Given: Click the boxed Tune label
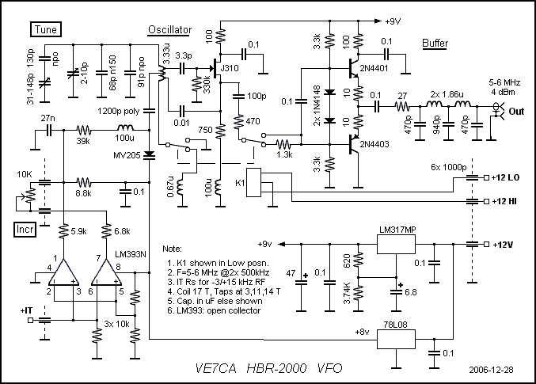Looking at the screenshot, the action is tap(46, 29).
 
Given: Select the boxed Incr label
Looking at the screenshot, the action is tap(25, 229).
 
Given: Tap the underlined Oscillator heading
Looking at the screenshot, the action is tap(170, 30).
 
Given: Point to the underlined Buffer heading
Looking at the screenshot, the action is tap(435, 44).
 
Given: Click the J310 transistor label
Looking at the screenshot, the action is tap(229, 68).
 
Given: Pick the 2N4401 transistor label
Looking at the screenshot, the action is tap(374, 68).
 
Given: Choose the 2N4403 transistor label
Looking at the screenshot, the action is tap(374, 144).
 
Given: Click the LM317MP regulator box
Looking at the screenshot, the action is tap(396, 244).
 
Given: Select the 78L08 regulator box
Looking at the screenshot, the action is tap(396, 339).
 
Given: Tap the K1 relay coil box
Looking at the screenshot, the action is tap(253, 182).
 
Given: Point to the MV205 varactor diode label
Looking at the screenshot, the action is tap(127, 156).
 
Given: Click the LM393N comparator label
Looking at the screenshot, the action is tap(131, 254).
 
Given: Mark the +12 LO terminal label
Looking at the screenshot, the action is tap(505, 177).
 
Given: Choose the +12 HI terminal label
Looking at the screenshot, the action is tap(504, 201).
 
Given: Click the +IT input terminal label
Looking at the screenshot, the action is tap(26, 310).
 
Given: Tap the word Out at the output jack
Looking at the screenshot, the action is tap(516, 112).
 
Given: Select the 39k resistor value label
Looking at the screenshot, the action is tap(83, 141).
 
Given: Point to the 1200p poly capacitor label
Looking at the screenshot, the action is tap(118, 112).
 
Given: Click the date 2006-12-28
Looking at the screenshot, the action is tap(491, 370).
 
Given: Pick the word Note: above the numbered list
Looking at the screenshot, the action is tap(172, 249).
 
